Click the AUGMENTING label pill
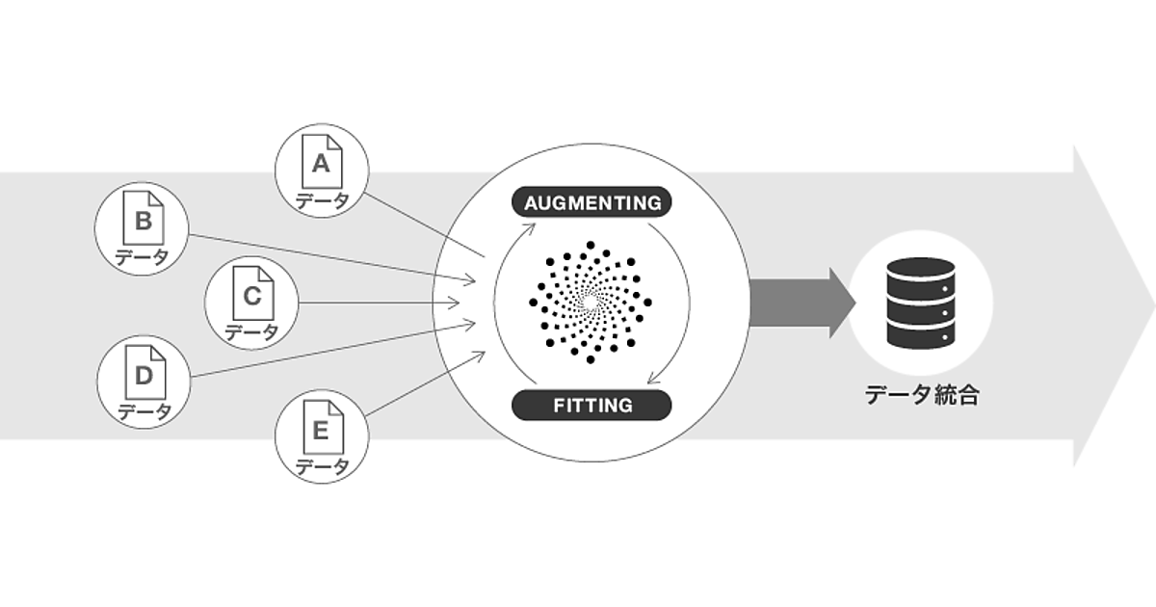click(592, 202)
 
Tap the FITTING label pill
click(592, 405)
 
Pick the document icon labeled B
click(143, 224)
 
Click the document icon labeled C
click(252, 297)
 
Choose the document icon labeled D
click(144, 376)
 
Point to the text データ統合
click(921, 395)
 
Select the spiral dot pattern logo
click(591, 303)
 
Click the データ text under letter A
click(322, 201)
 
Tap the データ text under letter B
click(143, 257)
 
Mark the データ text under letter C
click(252, 332)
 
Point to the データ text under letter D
click(144, 411)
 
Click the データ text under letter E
click(322, 468)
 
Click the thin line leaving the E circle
click(424, 384)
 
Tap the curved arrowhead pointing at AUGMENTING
click(528, 229)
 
